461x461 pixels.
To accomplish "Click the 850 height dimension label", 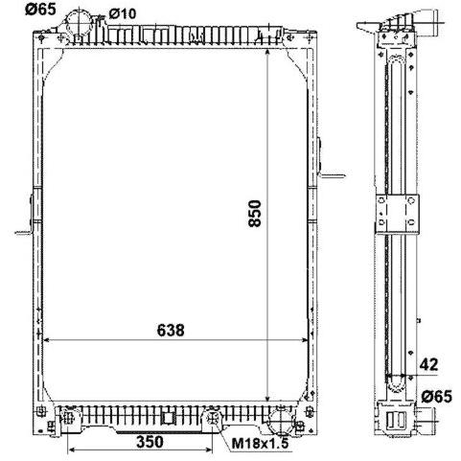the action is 255,214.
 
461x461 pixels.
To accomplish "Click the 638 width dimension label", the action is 171,331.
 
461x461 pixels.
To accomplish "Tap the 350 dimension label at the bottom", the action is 150,442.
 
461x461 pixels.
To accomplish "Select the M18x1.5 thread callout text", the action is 260,444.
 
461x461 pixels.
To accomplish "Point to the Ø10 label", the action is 123,13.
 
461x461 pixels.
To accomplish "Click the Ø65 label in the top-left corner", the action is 40,9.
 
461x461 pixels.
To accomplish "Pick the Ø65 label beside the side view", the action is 436,397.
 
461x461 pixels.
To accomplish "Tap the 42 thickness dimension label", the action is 428,364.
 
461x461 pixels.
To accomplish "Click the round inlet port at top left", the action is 79,23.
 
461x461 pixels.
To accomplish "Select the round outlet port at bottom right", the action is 280,422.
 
